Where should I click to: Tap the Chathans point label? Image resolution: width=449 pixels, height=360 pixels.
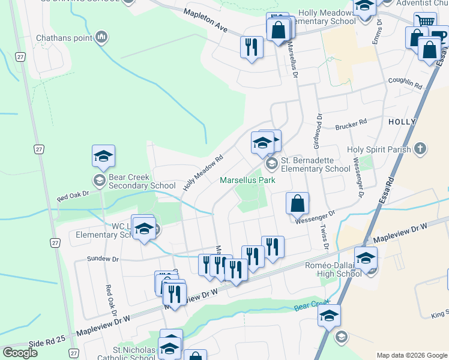[64, 38]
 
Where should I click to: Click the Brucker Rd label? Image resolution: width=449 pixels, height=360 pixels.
[351, 125]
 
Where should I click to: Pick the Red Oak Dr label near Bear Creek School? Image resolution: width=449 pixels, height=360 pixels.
[73, 196]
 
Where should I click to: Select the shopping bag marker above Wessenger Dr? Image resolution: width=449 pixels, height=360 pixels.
[297, 203]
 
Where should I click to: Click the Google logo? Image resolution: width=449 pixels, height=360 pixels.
[20, 353]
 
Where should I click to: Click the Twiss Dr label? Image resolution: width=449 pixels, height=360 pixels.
[324, 238]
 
